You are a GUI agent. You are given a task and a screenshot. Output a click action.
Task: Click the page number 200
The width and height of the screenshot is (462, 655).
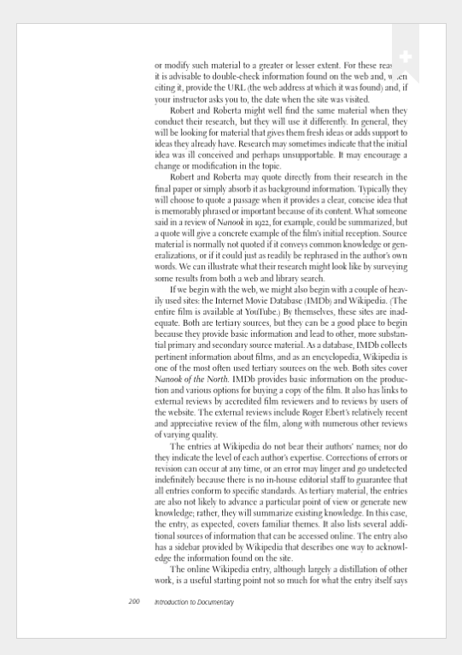pyautogui.click(x=134, y=602)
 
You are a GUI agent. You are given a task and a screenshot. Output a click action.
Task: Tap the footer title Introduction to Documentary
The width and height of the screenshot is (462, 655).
pyautogui.click(x=194, y=602)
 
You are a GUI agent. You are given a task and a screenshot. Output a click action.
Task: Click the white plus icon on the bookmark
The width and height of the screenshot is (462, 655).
pyautogui.click(x=406, y=56)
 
